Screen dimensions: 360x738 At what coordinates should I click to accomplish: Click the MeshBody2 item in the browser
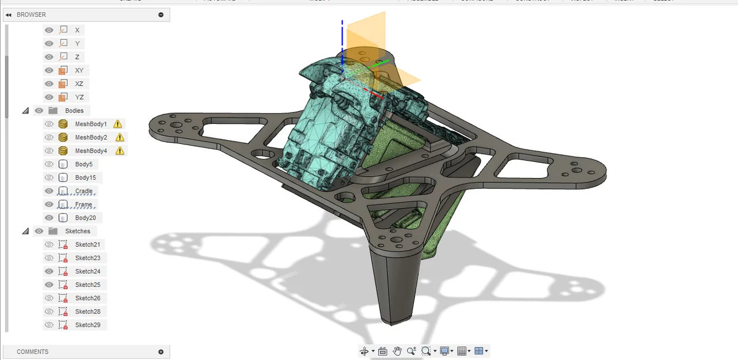tap(91, 137)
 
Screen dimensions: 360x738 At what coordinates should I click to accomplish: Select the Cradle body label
tap(83, 191)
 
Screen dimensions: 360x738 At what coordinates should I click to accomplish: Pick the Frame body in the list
tap(83, 204)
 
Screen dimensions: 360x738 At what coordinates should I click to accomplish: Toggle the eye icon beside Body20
tap(49, 218)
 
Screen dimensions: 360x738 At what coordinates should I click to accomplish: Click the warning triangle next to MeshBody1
tap(117, 124)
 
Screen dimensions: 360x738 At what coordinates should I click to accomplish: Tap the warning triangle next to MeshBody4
tap(120, 151)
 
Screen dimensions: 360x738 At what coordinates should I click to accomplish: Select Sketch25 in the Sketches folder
tap(88, 285)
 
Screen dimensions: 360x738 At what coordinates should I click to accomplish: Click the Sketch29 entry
tap(88, 325)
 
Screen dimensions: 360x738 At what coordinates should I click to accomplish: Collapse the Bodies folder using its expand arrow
tap(25, 111)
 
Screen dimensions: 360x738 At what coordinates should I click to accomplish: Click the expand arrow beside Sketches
tap(25, 231)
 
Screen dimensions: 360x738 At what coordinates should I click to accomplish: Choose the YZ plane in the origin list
tap(79, 97)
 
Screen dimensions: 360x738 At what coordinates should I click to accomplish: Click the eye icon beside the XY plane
tap(49, 70)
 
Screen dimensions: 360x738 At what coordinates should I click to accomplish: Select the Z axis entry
tap(77, 57)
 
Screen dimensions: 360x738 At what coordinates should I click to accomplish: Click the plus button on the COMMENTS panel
tap(161, 352)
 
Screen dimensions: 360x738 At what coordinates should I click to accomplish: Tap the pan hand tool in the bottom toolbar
tap(397, 351)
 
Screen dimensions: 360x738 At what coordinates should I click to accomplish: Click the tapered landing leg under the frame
tap(397, 288)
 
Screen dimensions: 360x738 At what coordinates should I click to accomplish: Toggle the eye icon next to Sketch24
tap(49, 271)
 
